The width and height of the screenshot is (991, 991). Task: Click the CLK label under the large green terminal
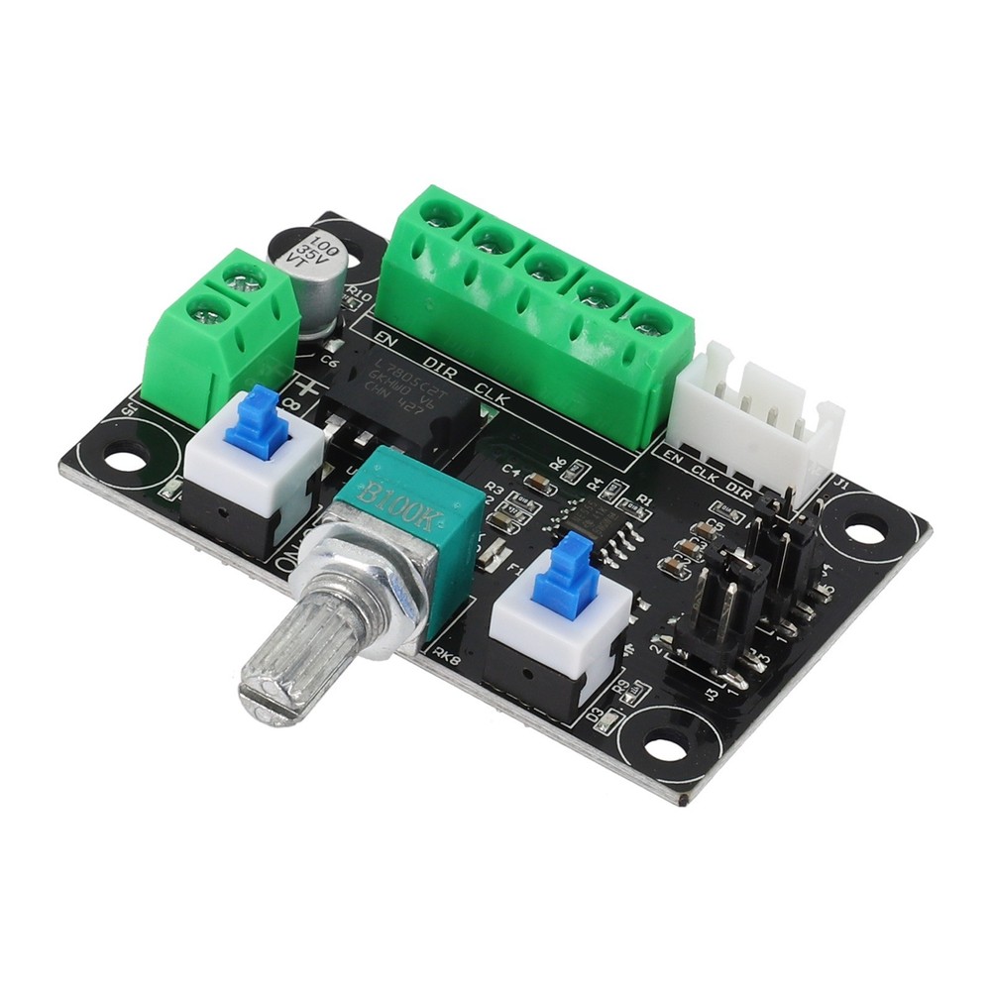point(493,398)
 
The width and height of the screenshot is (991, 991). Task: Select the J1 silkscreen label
point(841,484)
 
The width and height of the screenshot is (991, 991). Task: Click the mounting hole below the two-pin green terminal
point(124,460)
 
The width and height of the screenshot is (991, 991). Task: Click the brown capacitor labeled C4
point(539,484)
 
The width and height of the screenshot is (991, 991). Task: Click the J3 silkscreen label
point(711,695)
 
